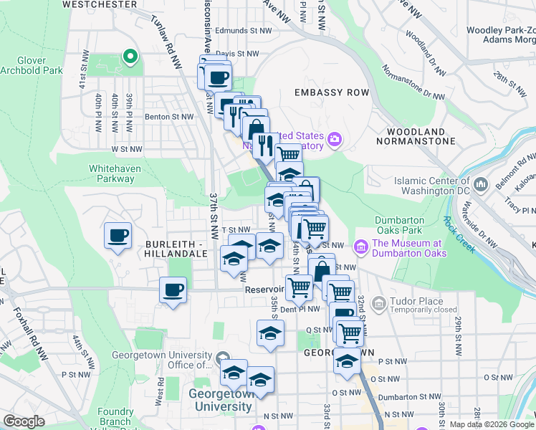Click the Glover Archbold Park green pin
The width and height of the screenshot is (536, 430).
(130, 55)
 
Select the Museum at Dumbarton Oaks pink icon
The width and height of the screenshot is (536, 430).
(360, 247)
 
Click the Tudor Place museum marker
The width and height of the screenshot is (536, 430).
(378, 305)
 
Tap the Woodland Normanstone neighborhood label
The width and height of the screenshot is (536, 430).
(421, 137)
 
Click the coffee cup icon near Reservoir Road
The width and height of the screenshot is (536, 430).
(173, 290)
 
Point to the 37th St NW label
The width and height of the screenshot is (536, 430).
(214, 215)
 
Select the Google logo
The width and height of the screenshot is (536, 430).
(24, 421)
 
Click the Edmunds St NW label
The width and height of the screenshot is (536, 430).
(244, 31)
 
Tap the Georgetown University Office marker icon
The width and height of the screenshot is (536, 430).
(223, 357)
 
